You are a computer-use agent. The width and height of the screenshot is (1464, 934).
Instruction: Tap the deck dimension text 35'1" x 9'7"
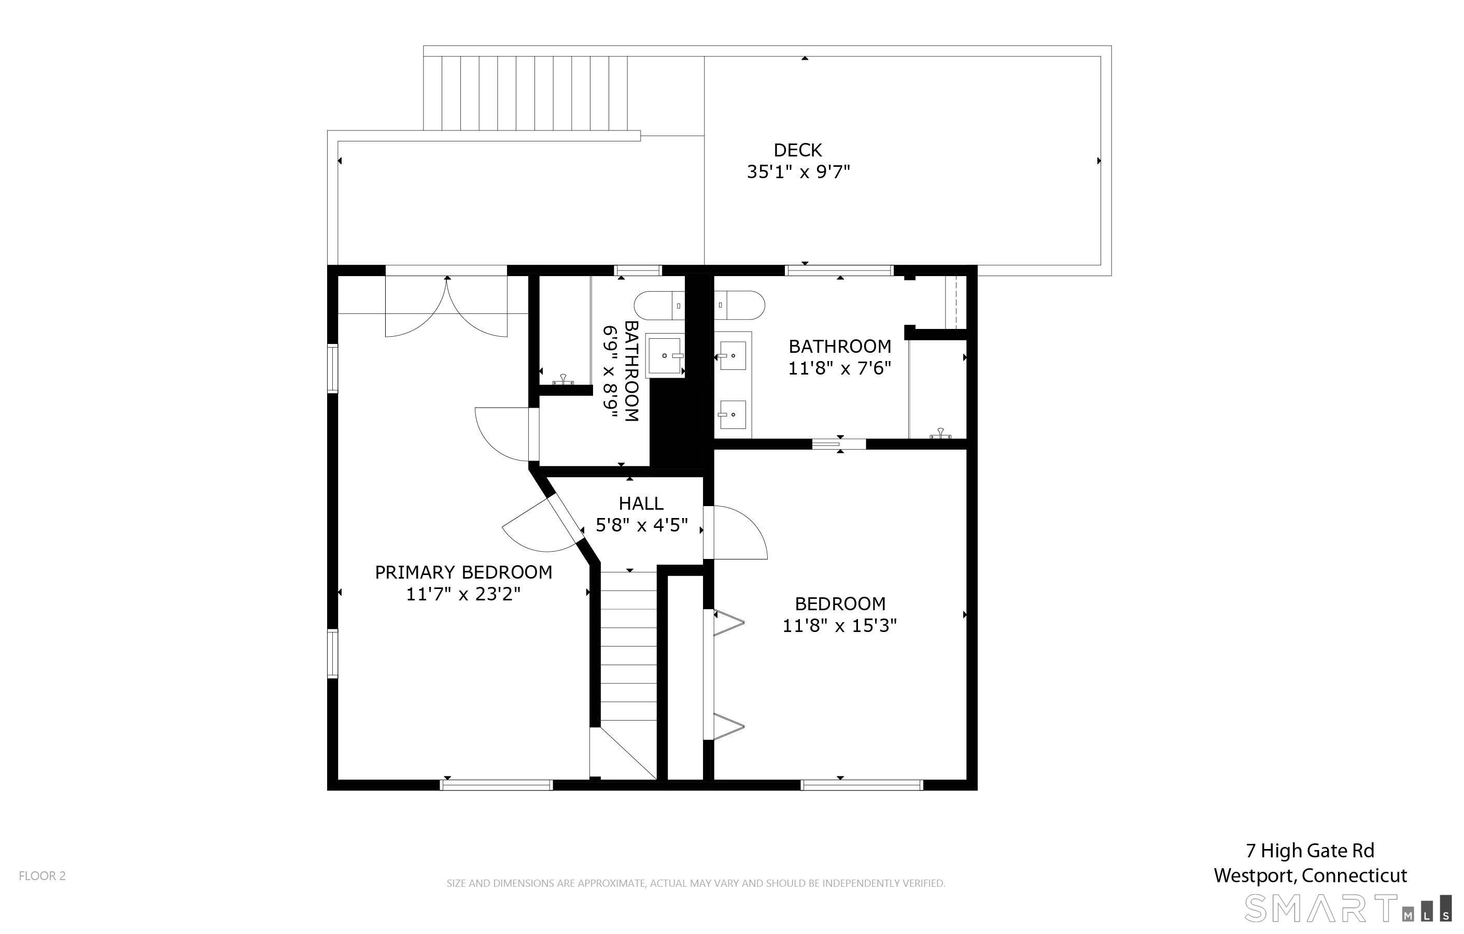coord(798,172)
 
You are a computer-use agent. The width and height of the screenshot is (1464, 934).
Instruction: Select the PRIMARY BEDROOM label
coord(463,572)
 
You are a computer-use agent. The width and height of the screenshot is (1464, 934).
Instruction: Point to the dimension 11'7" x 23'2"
coord(463,594)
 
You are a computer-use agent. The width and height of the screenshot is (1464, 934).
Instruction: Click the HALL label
coord(641,503)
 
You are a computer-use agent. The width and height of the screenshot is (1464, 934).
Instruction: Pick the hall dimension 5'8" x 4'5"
coord(641,525)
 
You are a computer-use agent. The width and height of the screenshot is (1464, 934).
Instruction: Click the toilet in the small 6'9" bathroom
coord(659,306)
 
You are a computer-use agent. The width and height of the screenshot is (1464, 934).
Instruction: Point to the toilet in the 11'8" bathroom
coord(739,306)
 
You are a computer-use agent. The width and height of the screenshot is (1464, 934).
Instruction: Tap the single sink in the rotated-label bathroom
coord(665,355)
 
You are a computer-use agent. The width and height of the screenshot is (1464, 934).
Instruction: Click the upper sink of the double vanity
coord(733,355)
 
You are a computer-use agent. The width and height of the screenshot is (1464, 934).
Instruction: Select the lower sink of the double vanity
coord(733,414)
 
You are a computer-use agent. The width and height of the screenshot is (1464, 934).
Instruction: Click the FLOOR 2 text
coord(42,875)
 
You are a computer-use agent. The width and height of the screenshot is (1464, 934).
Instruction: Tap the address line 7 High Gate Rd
coord(1310,851)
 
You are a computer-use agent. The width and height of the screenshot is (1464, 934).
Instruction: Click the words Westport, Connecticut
coord(1310,875)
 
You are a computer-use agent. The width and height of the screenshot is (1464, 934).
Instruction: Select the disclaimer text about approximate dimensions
coord(696,883)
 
